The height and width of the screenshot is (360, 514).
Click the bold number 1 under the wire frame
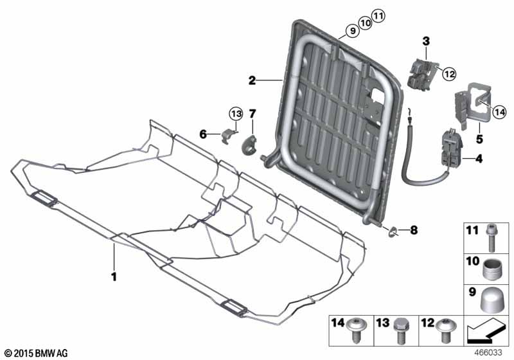point(114,277)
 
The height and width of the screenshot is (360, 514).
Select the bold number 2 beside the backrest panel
point(252,80)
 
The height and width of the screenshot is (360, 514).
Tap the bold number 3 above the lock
point(426,41)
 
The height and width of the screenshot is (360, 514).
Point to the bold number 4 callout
point(479,159)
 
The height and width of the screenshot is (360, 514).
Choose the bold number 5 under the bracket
point(479,139)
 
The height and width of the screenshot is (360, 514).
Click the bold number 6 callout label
point(203,134)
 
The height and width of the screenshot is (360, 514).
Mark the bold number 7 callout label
point(253,114)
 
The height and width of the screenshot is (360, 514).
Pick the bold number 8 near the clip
point(414,230)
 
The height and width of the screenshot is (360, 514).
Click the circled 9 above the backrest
point(353,31)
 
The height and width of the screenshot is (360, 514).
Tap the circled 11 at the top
point(378,15)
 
